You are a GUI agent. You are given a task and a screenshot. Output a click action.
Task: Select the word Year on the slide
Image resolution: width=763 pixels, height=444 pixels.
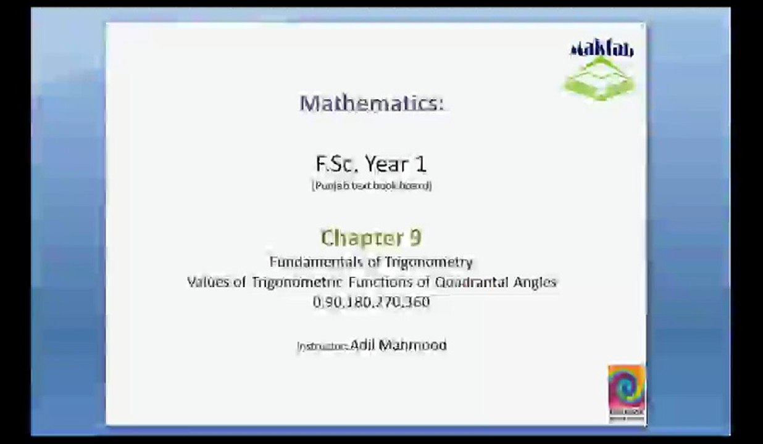(x=387, y=164)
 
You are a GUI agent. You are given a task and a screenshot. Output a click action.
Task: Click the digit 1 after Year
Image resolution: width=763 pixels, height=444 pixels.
(x=420, y=164)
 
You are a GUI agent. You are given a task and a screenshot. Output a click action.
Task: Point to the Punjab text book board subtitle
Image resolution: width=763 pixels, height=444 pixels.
(x=372, y=186)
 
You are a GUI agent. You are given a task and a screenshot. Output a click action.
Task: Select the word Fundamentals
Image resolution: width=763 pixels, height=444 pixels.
(x=315, y=262)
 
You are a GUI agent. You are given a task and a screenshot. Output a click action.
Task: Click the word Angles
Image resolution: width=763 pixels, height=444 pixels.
(x=535, y=282)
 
